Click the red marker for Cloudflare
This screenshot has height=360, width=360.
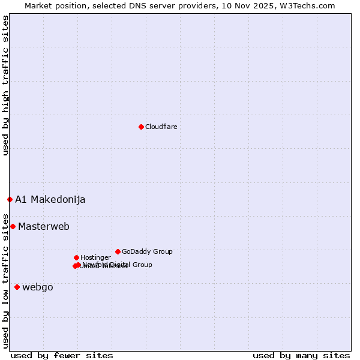(141, 127)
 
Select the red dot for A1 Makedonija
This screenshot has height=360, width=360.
(10, 199)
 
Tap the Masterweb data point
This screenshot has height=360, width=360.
(13, 226)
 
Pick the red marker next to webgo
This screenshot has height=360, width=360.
(17, 287)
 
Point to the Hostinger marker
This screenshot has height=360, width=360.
(76, 257)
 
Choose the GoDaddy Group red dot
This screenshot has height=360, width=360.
(118, 251)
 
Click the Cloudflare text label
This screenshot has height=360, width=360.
(161, 127)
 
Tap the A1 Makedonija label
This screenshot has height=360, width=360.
(50, 199)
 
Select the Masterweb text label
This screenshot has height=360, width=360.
(44, 226)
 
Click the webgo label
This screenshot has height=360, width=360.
(38, 287)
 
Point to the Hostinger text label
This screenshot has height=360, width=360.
(95, 257)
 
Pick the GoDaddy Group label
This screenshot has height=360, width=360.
(147, 251)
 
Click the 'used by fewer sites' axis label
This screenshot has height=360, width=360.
(62, 355)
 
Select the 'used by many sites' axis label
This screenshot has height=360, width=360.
(301, 355)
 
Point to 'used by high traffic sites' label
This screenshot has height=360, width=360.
(5, 85)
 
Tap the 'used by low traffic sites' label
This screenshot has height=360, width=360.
(5, 280)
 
